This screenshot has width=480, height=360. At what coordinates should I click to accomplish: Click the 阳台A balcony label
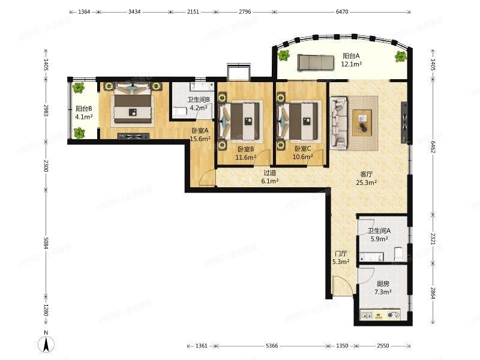point(350,59)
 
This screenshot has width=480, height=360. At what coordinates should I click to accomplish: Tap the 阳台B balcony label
point(83,113)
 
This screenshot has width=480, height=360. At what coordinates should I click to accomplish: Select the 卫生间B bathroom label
point(198,104)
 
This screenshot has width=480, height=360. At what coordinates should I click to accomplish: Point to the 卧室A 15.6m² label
point(200,134)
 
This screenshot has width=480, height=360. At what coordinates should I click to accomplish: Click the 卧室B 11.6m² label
point(246,153)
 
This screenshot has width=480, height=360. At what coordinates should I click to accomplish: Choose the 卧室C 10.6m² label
point(303,153)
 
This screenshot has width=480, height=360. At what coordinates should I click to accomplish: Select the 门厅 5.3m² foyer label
point(340,257)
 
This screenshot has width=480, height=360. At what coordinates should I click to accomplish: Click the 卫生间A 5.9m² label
point(379,234)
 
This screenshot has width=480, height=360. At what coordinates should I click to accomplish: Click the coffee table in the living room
point(362,122)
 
